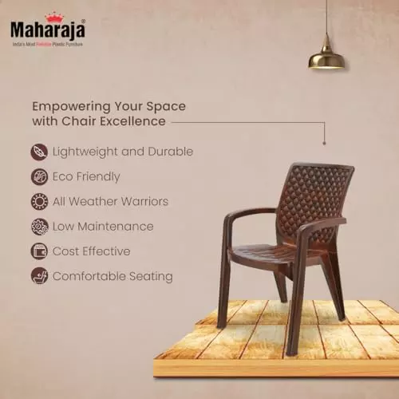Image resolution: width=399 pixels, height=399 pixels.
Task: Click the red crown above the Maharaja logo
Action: click(55, 16)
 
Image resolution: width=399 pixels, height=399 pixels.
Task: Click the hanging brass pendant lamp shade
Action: click(326, 57)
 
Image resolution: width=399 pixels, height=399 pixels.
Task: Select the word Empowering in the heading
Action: click(70, 105)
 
